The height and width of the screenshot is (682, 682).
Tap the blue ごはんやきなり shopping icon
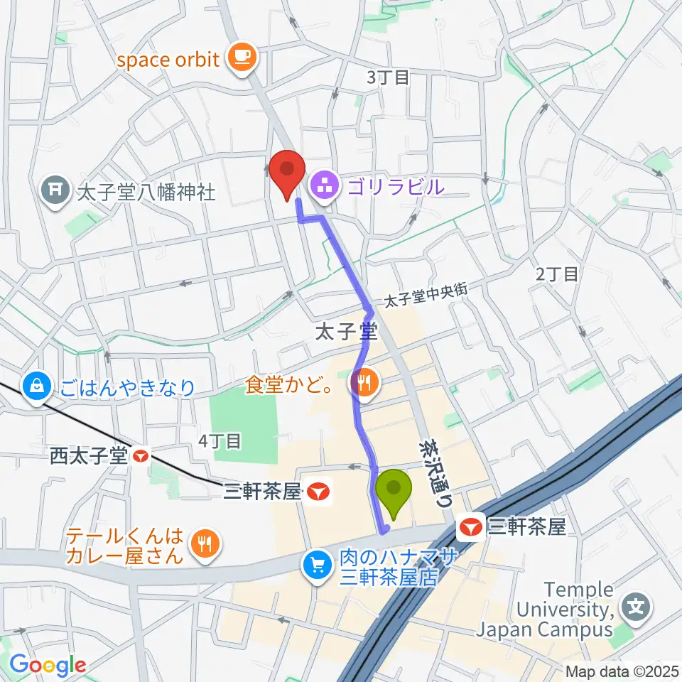[34, 386]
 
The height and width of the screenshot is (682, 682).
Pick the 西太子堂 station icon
[141, 455]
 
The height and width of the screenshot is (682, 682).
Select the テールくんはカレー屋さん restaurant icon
[205, 545]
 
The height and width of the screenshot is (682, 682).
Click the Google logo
[48, 666]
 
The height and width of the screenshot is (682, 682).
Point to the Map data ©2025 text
[621, 671]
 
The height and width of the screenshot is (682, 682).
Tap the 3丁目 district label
[388, 77]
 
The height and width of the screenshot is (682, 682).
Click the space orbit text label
[168, 59]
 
